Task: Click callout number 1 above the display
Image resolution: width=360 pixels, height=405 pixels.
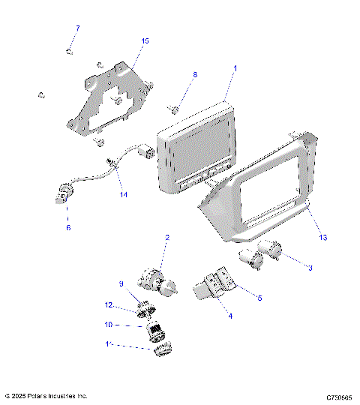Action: pos(235,68)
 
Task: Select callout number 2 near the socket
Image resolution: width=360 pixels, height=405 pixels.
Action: pos(166,238)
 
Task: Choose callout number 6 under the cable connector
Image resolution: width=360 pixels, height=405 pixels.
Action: pos(68,227)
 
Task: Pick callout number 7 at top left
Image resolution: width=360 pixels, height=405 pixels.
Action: pos(76,28)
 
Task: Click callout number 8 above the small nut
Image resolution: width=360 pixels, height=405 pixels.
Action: pos(195,75)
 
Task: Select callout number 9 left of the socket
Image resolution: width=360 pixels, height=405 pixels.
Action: pos(120,283)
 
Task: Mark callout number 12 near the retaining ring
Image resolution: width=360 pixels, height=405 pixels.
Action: pos(109,304)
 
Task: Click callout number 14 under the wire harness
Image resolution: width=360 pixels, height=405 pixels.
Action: pos(124,195)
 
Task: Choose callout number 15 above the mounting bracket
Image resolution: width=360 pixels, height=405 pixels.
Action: pos(145,40)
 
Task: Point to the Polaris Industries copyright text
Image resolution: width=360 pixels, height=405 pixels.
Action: pos(46,395)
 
